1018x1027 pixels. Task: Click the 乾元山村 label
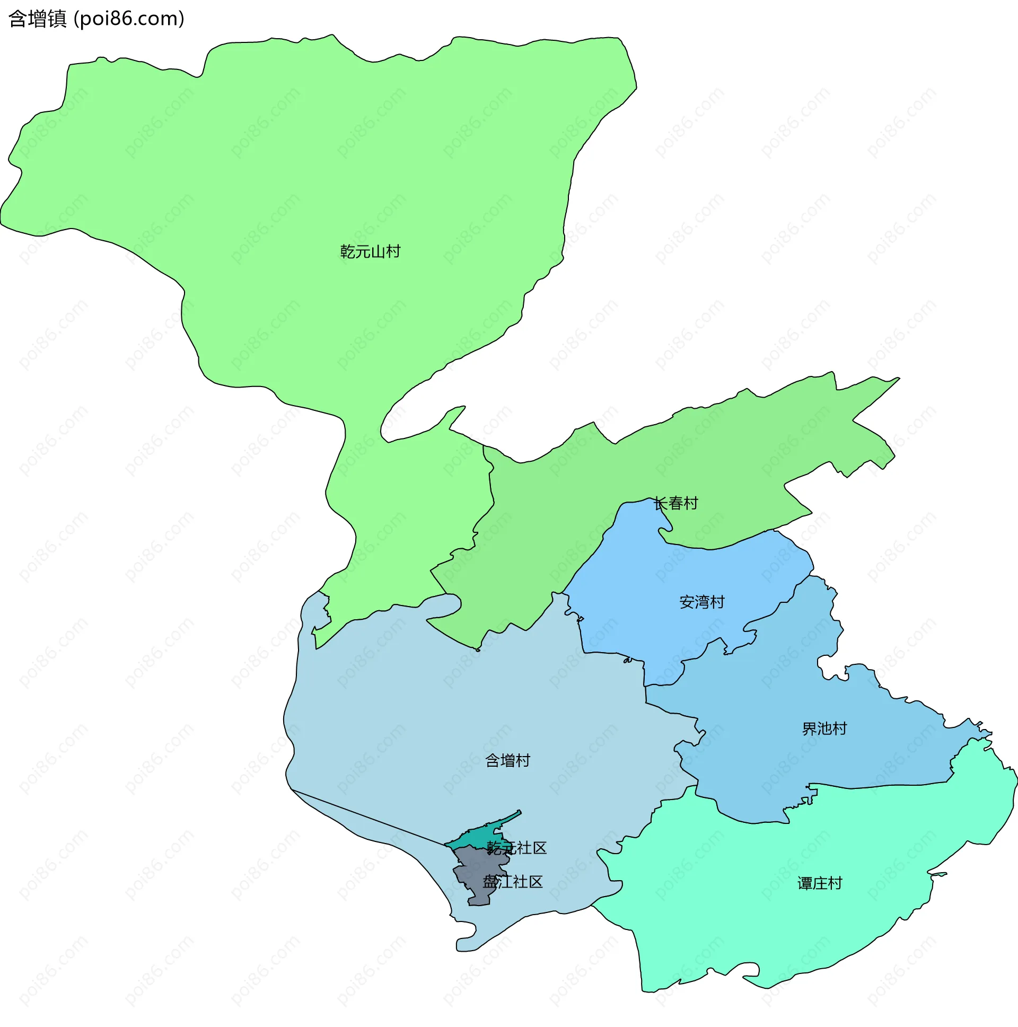pyautogui.click(x=370, y=251)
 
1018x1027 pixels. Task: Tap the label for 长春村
pyautogui.click(x=675, y=503)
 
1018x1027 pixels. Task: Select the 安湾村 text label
pyautogui.click(x=701, y=602)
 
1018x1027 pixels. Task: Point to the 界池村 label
pyautogui.click(x=824, y=729)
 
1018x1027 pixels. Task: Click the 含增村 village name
pyautogui.click(x=507, y=761)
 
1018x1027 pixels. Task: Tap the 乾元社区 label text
pyautogui.click(x=517, y=848)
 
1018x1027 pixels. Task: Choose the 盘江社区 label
pyautogui.click(x=513, y=882)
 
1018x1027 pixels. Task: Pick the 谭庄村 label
pyautogui.click(x=820, y=883)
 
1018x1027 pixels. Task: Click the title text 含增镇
pyautogui.click(x=38, y=19)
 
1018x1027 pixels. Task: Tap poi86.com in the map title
pyautogui.click(x=129, y=19)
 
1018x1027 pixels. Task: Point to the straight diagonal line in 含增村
pyautogui.click(x=367, y=818)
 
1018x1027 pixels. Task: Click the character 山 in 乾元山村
pyautogui.click(x=378, y=251)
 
